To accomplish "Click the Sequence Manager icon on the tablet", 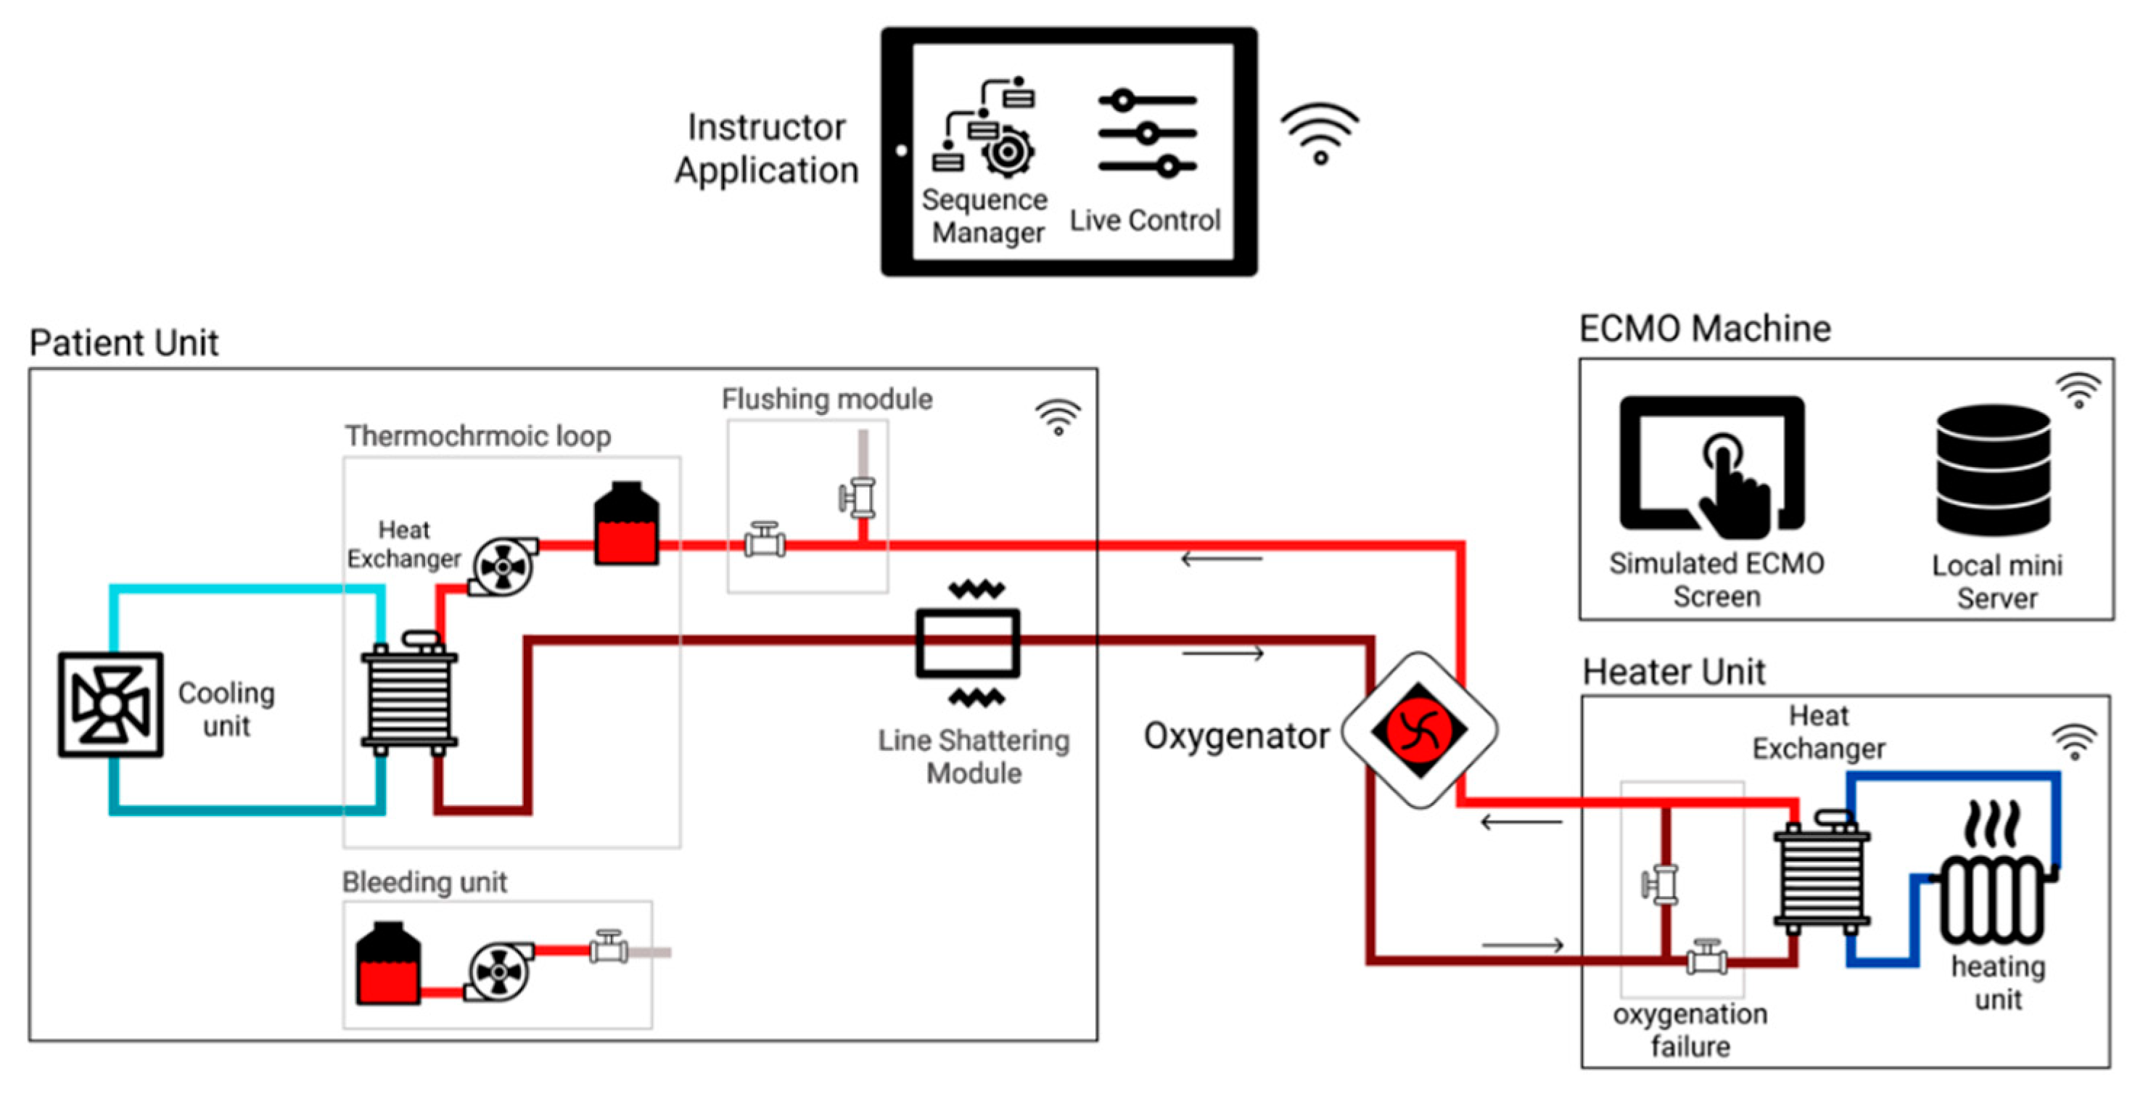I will tap(985, 128).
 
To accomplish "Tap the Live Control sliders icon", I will tap(1147, 133).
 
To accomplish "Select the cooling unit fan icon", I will tap(111, 704).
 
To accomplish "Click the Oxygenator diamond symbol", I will tap(1419, 729).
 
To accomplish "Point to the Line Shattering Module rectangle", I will tap(968, 643).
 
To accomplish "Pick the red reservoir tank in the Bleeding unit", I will tap(387, 964).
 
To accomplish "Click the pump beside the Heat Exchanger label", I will tap(503, 567).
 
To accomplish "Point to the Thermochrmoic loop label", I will tap(477, 436).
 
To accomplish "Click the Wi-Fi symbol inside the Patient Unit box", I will tap(1058, 416).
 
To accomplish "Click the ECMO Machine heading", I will tap(1705, 329).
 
